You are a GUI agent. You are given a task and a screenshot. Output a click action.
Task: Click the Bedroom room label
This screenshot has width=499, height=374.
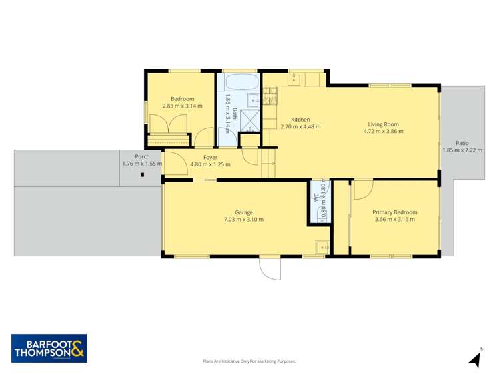[x=182, y=99]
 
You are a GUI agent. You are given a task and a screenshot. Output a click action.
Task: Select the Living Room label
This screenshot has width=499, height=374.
[x=383, y=124]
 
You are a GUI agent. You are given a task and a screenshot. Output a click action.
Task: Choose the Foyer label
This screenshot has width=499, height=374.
[x=210, y=157]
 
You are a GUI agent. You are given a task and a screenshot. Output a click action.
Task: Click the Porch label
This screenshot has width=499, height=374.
[x=142, y=156]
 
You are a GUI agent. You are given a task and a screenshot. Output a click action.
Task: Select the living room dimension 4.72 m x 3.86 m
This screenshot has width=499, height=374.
[x=383, y=132]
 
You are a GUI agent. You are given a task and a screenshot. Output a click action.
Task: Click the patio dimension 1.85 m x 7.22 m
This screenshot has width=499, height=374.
[x=462, y=150]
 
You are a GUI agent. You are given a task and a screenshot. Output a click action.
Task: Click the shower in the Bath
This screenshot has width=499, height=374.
[x=250, y=120]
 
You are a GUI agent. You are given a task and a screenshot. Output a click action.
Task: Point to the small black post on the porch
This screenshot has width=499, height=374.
[x=142, y=175]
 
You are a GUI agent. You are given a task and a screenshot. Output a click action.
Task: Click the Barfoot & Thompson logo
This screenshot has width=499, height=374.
[x=49, y=348]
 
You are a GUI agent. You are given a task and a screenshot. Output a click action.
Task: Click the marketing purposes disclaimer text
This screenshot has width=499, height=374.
[x=249, y=361]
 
